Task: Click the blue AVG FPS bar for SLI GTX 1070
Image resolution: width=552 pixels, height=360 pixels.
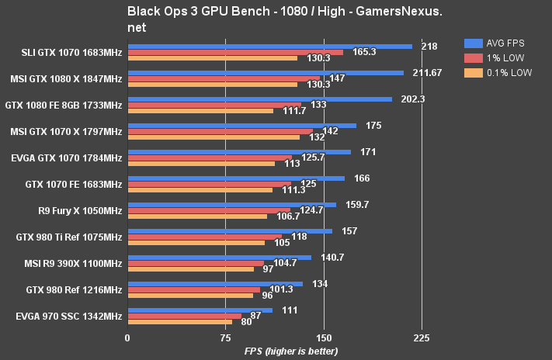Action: tap(269, 47)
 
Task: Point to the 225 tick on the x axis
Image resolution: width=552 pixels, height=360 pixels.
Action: tap(422, 338)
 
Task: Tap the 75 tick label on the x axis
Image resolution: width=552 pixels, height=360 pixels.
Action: tap(225, 338)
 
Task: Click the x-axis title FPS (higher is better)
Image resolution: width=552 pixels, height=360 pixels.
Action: tap(291, 351)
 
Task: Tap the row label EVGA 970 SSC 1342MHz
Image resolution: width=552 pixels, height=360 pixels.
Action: tap(69, 317)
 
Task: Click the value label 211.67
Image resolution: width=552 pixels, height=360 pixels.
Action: tap(426, 73)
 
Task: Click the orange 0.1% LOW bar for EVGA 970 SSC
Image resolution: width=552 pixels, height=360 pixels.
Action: tap(179, 322)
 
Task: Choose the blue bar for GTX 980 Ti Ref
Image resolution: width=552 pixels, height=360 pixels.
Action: tap(230, 231)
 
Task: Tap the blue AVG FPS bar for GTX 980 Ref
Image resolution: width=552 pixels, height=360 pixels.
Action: tap(215, 284)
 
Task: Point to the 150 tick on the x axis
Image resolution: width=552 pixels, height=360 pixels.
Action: tap(324, 338)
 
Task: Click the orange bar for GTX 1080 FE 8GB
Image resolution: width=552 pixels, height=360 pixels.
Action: tap(200, 111)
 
